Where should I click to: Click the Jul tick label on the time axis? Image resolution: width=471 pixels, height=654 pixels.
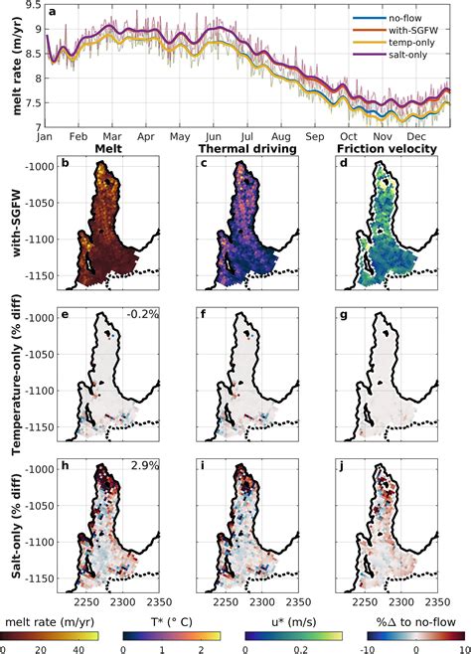[x=247, y=135]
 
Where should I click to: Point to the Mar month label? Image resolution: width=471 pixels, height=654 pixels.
[x=112, y=135]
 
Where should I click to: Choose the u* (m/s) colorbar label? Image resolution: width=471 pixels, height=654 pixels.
[x=291, y=623]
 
